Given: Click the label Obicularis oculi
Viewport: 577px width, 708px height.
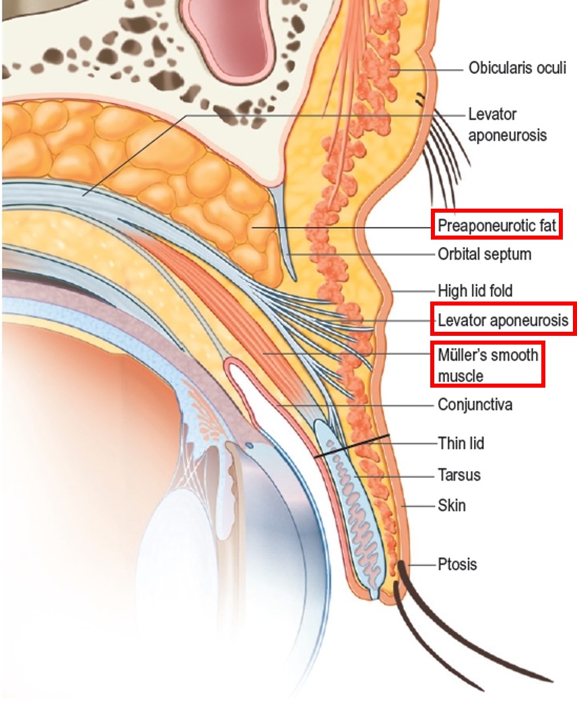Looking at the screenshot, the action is (x=517, y=68).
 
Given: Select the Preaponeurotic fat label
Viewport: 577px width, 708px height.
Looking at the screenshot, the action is (x=497, y=224).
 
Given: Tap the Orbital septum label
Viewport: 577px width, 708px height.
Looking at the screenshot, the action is (x=484, y=254).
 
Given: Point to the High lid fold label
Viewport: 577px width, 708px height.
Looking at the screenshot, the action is (x=475, y=291).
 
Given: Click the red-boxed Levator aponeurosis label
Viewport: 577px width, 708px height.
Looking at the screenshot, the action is (x=503, y=320).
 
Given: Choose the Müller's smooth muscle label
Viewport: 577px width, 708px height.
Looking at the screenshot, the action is (x=487, y=365).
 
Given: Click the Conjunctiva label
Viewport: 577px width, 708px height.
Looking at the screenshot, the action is (x=475, y=404).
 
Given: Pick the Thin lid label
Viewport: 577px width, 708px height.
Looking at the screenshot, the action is (x=461, y=444).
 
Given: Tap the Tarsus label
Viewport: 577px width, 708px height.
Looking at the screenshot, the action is (x=459, y=475).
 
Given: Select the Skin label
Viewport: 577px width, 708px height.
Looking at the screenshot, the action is (x=451, y=505).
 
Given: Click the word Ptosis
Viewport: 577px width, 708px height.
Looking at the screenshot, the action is (x=457, y=565).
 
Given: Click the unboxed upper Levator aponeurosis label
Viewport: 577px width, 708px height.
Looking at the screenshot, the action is (x=508, y=125).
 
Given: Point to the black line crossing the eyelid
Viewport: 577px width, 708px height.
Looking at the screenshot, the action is (x=352, y=446).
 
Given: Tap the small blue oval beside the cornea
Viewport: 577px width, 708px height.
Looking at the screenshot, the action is (x=249, y=446).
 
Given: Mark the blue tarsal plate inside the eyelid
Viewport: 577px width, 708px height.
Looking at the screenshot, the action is (x=350, y=505).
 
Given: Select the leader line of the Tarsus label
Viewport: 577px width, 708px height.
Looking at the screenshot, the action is (x=395, y=476).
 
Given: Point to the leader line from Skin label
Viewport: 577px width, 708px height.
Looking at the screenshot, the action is (x=418, y=506).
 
